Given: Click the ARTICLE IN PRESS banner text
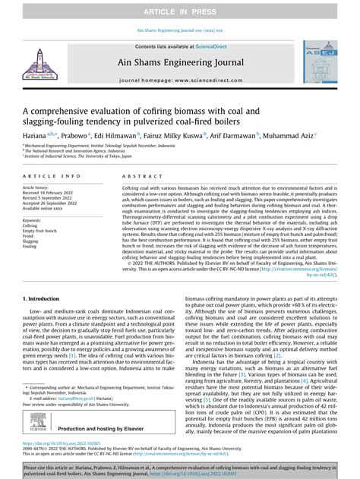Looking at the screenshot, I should (179, 8).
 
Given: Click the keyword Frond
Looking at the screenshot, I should (29, 236).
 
